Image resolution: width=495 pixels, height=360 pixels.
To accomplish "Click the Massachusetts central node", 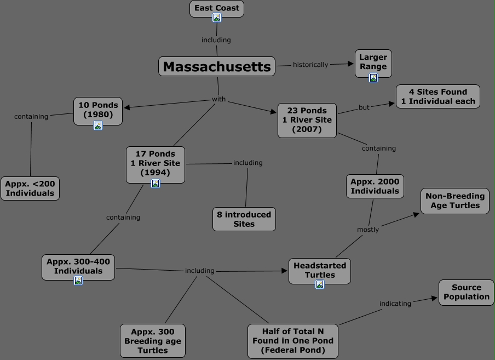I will [217, 67].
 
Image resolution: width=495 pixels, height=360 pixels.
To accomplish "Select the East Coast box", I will [217, 8].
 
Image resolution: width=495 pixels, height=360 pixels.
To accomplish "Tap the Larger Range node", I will [373, 61].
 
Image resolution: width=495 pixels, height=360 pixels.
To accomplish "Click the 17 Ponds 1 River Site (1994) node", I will [155, 163].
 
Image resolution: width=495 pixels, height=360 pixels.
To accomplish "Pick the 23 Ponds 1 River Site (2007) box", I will [307, 120].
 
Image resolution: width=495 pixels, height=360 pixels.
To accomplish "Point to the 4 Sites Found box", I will [438, 96].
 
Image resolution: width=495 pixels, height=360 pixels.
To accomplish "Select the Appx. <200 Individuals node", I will [30, 188].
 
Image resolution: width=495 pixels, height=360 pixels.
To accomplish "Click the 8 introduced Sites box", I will [244, 219].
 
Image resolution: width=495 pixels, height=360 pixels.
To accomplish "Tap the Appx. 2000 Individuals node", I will [375, 186].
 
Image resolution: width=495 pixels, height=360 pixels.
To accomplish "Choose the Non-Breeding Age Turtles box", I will [454, 201].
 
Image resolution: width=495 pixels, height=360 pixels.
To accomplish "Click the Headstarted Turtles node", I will [319, 270].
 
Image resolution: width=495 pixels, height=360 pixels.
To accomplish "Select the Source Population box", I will [467, 292].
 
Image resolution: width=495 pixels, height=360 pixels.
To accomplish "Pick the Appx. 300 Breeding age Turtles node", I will [153, 340].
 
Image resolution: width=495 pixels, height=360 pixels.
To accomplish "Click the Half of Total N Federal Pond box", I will [292, 340].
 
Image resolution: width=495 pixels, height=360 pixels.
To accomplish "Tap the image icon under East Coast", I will [217, 18].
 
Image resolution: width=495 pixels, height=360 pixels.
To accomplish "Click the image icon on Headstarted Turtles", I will [319, 284].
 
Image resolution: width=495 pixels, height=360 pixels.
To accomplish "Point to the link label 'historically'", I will [310, 65].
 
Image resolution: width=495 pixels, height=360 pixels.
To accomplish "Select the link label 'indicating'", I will [395, 304].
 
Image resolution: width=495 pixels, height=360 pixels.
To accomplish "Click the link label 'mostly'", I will [368, 230].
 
